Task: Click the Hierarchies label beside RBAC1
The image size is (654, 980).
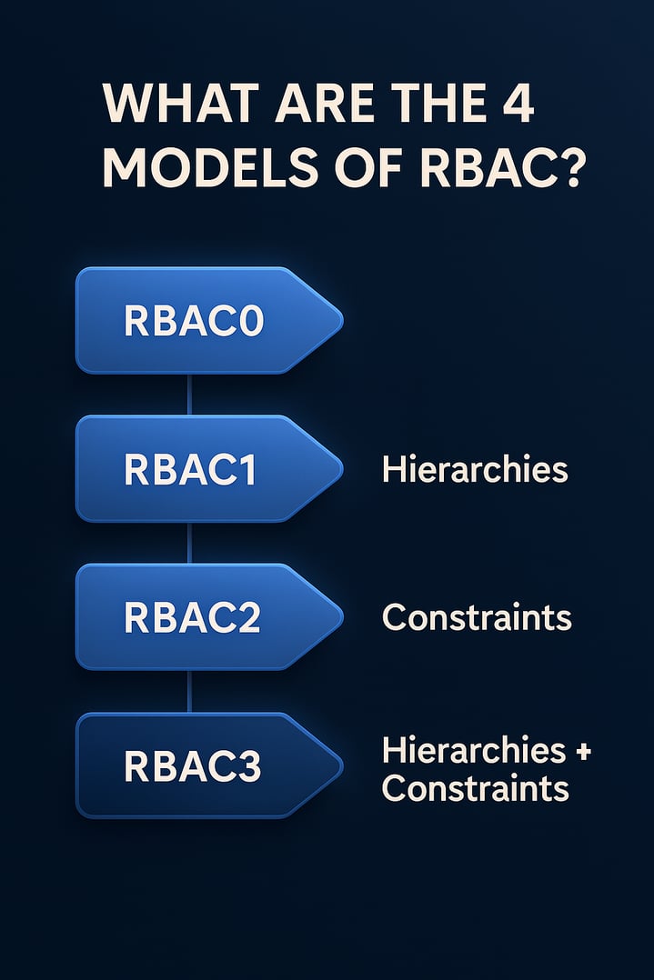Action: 475,470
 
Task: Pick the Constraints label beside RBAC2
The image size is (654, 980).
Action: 477,618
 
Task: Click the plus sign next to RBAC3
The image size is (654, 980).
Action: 582,751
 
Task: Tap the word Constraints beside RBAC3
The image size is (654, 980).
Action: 475,788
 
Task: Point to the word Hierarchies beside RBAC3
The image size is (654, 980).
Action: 473,751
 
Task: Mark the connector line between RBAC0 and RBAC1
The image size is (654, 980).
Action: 189,395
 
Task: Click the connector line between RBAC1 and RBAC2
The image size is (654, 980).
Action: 189,543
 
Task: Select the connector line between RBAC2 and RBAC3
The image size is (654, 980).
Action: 189,691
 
